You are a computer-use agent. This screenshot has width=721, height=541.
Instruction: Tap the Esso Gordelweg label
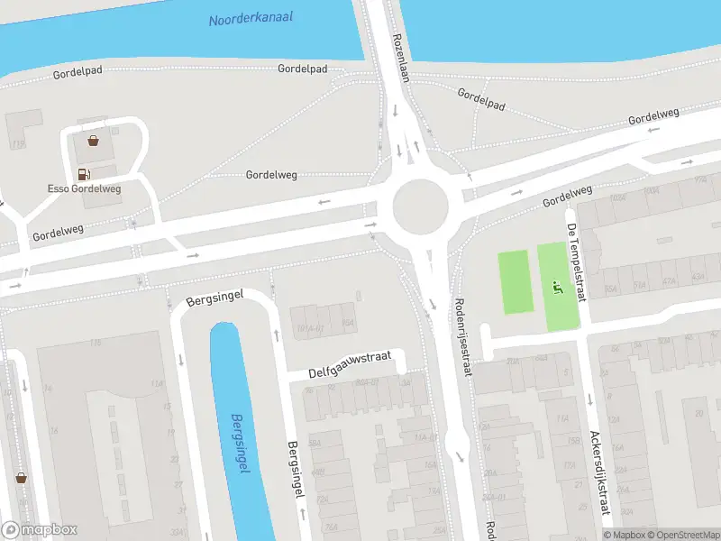point(85,188)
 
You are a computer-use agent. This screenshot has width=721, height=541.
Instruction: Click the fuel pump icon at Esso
point(84,174)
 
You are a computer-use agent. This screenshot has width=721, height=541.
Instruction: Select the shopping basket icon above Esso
point(93,140)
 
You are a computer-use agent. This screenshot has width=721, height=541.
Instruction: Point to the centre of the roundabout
point(420,206)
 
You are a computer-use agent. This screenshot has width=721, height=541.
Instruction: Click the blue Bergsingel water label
point(240,445)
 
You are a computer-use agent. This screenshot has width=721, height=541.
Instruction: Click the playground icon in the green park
point(556,289)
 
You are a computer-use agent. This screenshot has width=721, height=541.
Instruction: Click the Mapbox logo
point(40,530)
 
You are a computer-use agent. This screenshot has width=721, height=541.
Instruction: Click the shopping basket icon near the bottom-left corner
point(21,478)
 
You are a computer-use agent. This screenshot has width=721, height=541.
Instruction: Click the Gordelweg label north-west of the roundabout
point(271,175)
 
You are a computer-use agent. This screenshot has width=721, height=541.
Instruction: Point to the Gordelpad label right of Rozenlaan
point(481,99)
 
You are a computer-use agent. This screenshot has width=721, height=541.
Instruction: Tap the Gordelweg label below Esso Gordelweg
point(58,233)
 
